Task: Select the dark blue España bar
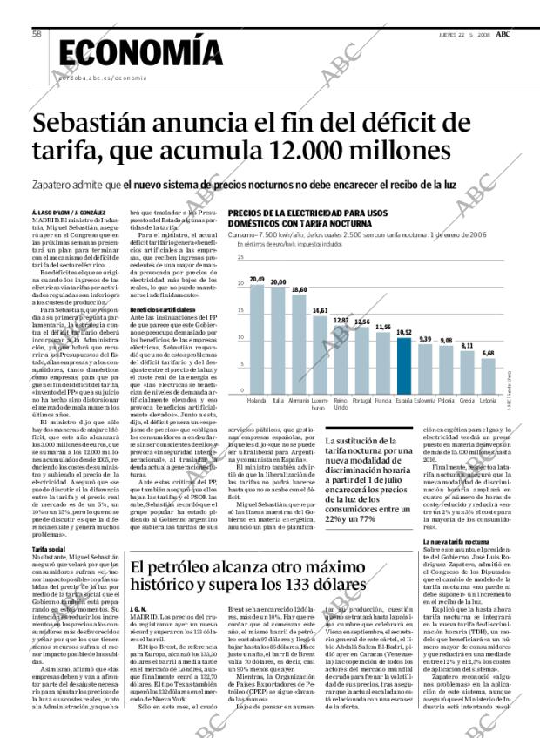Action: pyautogui.click(x=403, y=365)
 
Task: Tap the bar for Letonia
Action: pyautogui.click(x=488, y=375)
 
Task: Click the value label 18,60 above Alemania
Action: pyautogui.click(x=299, y=289)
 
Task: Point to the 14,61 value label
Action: pyautogui.click(x=320, y=311)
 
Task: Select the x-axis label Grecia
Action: pyautogui.click(x=467, y=401)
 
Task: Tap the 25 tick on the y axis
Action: pyautogui.click(x=240, y=259)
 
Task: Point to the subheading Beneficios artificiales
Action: pyautogui.click(x=156, y=309)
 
